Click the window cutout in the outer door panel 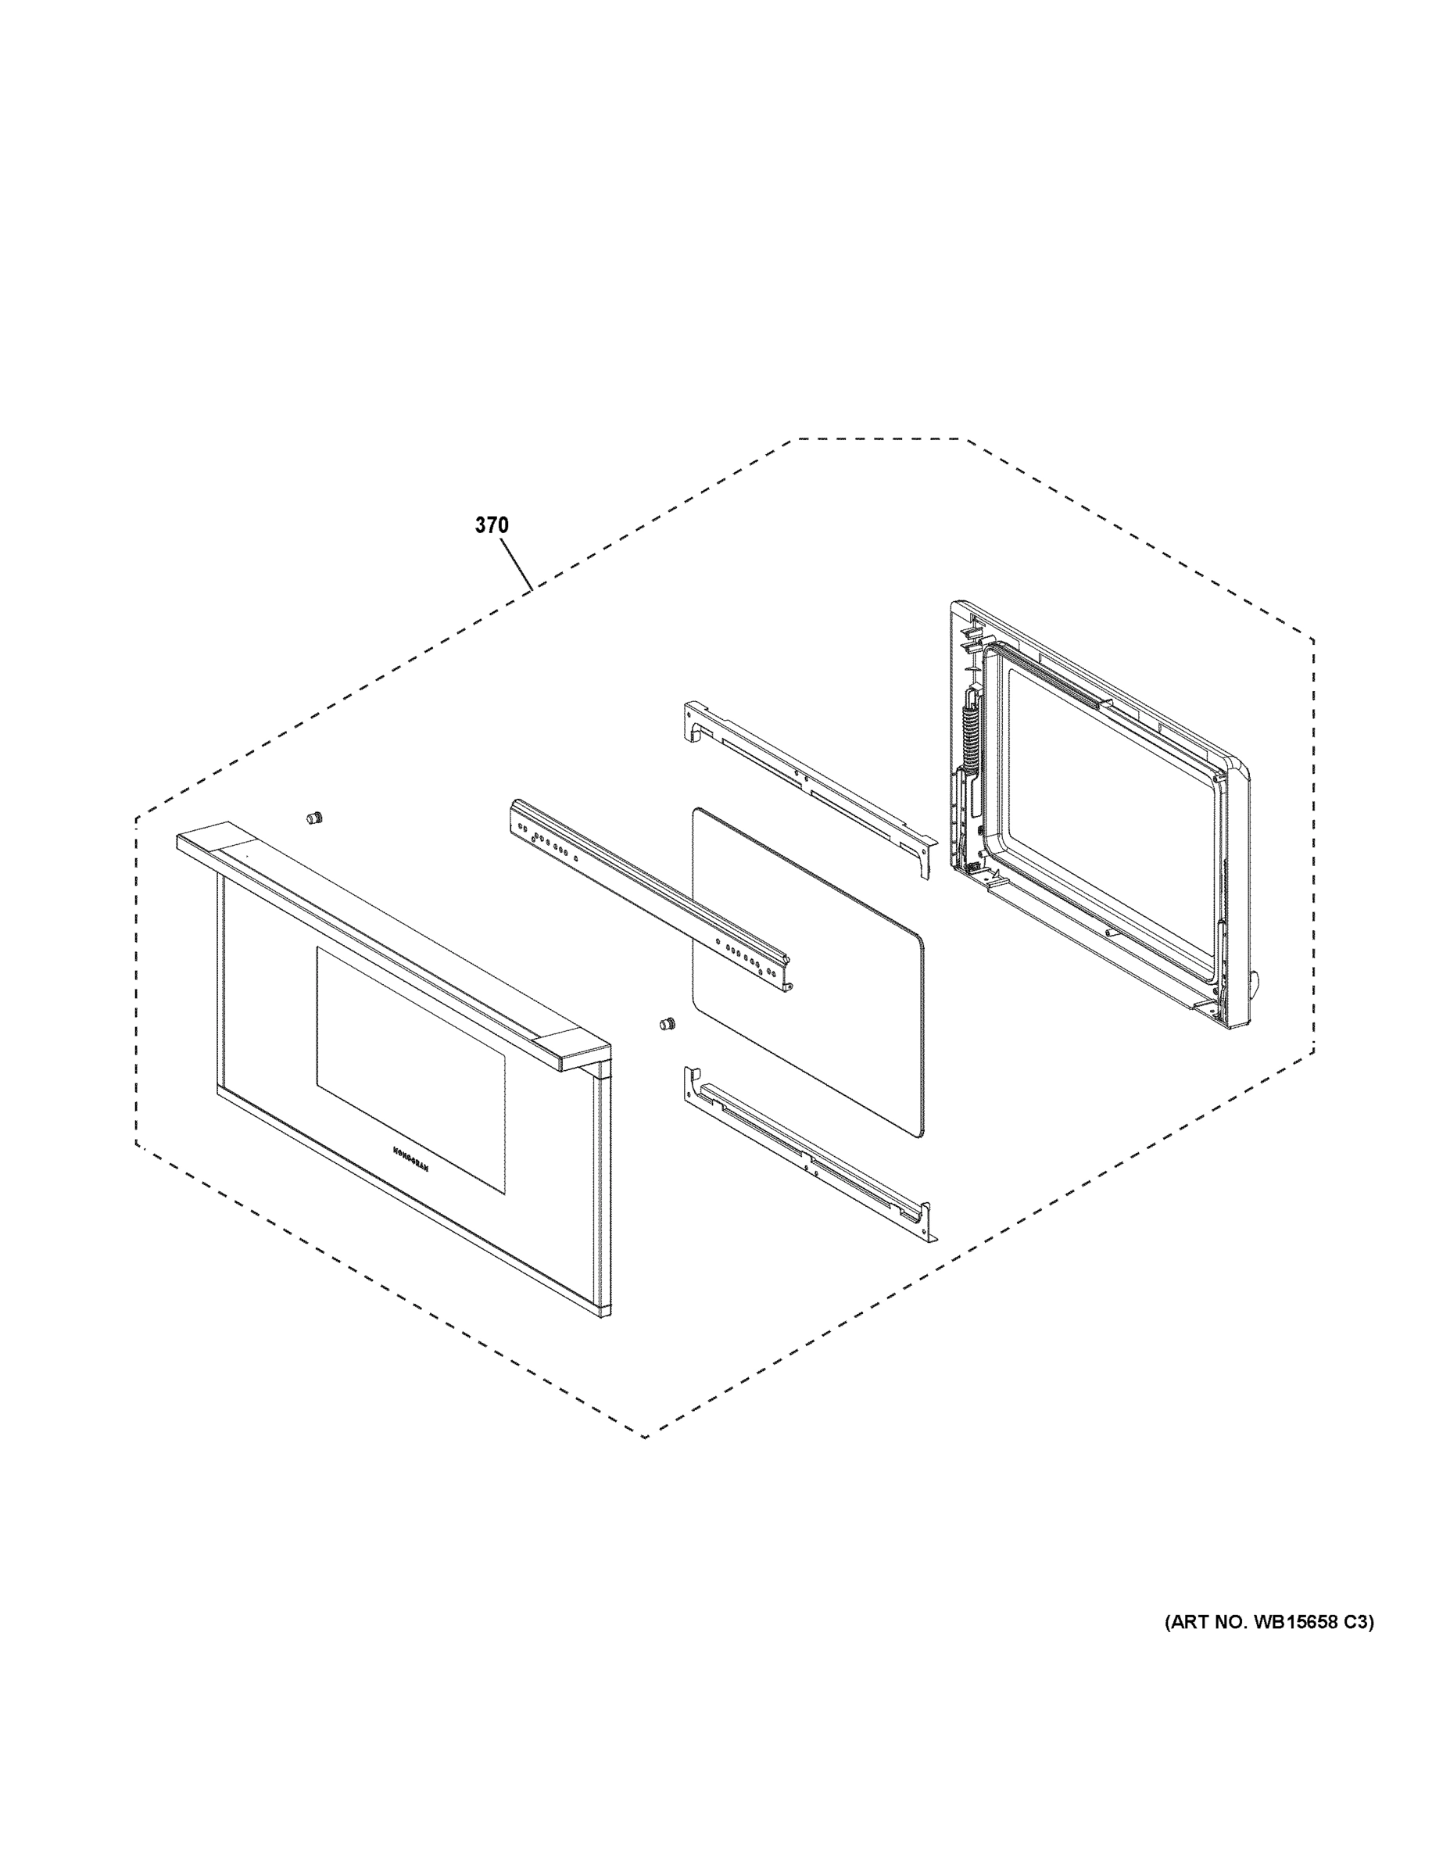[x=410, y=1069]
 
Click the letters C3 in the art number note [x=1355, y=1623]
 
